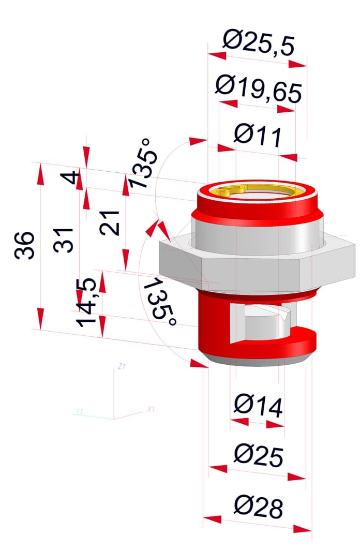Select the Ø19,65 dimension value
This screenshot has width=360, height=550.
coord(259,89)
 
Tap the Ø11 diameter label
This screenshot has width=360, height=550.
coord(258,135)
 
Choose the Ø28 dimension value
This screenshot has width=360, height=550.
coord(259,507)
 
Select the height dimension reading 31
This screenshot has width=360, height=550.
coord(64,240)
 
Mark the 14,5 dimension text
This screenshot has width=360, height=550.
coord(86,303)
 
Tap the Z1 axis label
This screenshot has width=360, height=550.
coord(122,366)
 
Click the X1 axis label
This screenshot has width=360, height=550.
coord(151,409)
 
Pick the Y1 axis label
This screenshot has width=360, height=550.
coord(80,411)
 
